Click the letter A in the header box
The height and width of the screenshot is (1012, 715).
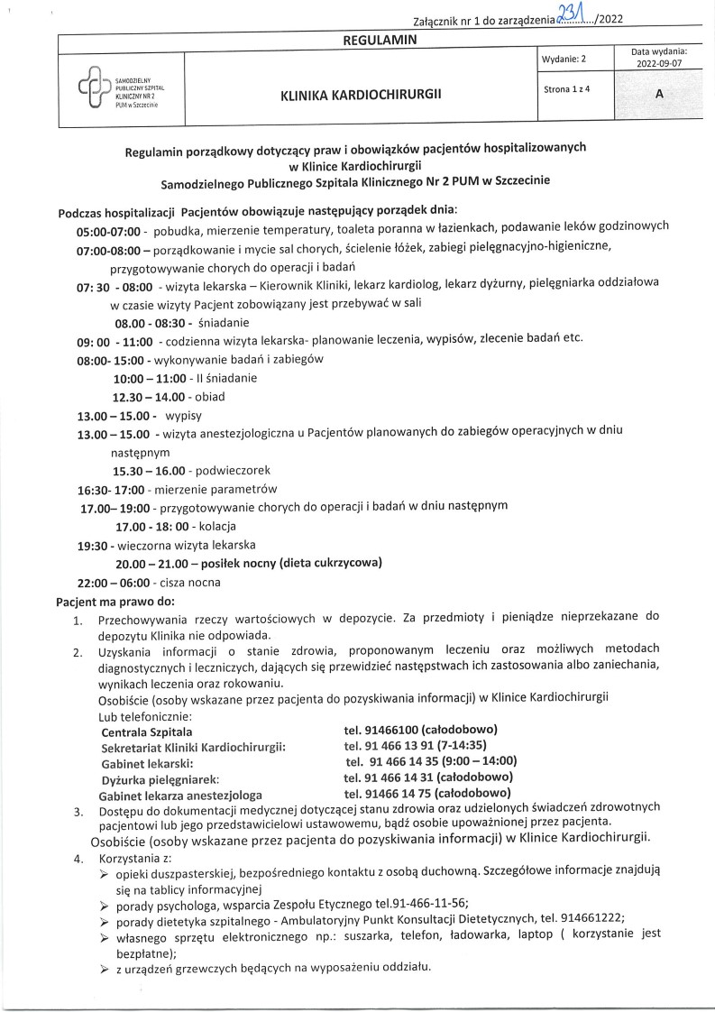pos(659,102)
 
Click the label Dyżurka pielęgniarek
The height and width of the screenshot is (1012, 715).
pos(160,777)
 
